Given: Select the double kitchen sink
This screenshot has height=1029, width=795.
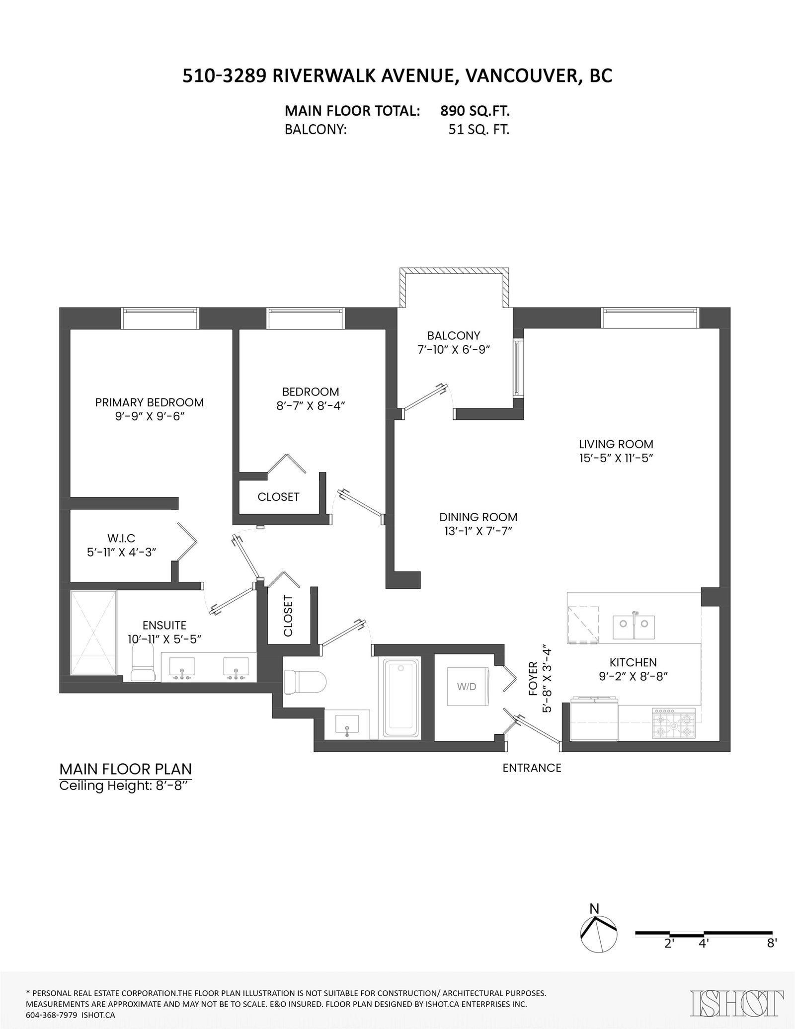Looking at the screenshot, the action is click(x=634, y=628).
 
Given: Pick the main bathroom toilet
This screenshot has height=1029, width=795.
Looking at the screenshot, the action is click(x=304, y=682).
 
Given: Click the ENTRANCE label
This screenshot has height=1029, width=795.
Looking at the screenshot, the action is click(x=532, y=768).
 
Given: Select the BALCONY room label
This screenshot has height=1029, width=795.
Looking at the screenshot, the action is click(x=454, y=335).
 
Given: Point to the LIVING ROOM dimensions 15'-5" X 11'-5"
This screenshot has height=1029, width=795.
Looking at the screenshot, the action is click(x=616, y=458).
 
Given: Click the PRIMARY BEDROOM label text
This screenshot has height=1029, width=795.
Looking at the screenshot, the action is click(x=150, y=402).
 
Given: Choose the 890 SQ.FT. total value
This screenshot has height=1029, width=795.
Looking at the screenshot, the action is click(x=475, y=111).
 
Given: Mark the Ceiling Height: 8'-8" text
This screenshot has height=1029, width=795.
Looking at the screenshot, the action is click(x=125, y=786).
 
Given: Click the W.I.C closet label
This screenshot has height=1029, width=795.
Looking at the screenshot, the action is click(x=121, y=538).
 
